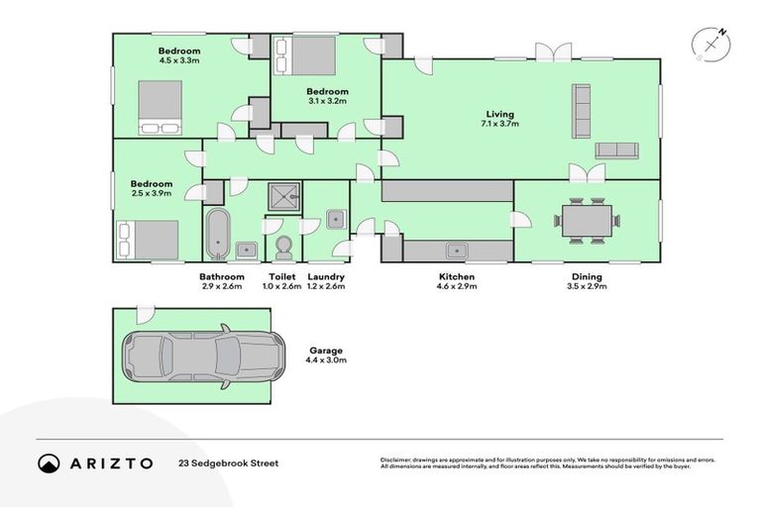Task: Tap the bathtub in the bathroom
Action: click(217, 234)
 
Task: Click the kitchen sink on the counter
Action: click(457, 251)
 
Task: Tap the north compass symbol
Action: click(711, 45)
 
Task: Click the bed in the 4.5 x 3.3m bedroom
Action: click(160, 107)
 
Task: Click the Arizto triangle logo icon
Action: click(49, 462)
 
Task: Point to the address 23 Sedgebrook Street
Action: click(228, 462)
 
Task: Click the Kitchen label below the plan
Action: click(457, 276)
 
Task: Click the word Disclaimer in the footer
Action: click(397, 459)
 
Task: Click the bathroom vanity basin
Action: click(248, 250)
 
